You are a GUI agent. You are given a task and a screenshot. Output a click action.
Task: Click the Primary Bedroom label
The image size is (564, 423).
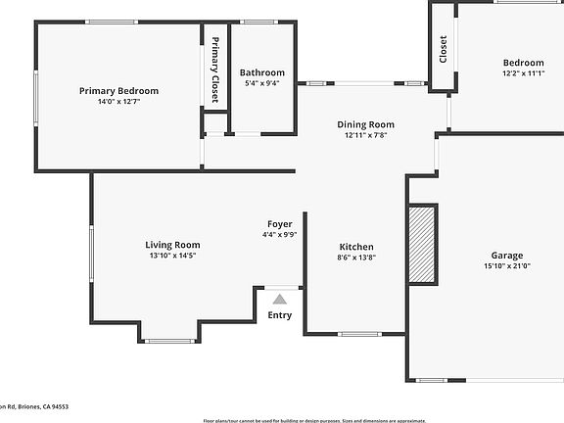click(118, 91)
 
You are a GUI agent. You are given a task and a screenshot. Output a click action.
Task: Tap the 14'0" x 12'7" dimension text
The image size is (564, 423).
click(118, 102)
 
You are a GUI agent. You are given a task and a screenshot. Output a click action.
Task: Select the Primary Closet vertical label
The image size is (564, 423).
click(215, 70)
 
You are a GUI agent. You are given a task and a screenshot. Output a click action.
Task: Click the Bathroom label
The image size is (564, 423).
click(262, 72)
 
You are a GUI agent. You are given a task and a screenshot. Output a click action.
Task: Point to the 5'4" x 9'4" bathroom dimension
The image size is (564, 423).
click(262, 83)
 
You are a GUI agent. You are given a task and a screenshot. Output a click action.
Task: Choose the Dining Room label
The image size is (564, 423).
click(365, 124)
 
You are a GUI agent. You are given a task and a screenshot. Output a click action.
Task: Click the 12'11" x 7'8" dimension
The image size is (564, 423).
click(365, 136)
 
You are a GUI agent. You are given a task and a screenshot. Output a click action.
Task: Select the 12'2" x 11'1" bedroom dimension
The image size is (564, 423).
click(523, 72)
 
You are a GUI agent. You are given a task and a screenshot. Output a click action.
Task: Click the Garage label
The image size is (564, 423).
click(507, 255)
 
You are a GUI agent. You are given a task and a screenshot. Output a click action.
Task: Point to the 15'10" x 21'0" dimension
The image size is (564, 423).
click(507, 265)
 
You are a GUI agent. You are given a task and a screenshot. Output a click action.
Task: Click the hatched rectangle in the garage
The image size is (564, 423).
click(422, 245)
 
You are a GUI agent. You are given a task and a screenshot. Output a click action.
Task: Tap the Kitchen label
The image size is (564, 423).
click(355, 247)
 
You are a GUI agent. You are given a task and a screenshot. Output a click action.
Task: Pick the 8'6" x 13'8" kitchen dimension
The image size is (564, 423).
click(355, 258)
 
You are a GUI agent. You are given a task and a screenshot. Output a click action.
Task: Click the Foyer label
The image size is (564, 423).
click(280, 224)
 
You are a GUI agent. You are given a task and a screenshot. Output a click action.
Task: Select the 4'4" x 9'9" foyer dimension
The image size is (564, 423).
click(280, 235)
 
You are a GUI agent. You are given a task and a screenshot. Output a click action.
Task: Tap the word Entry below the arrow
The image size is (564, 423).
click(280, 315)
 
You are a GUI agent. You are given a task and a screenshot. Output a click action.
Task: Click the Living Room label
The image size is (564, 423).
click(172, 245)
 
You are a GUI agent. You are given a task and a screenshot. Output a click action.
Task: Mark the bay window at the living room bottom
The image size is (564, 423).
click(169, 341)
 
